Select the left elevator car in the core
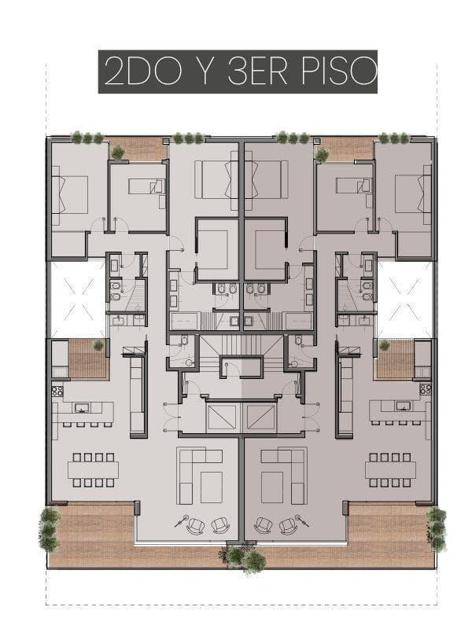222,417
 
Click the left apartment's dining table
93,469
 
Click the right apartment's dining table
390,469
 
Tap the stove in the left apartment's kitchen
57,389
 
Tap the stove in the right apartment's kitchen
425,389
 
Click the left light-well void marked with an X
77,299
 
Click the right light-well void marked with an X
405,299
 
